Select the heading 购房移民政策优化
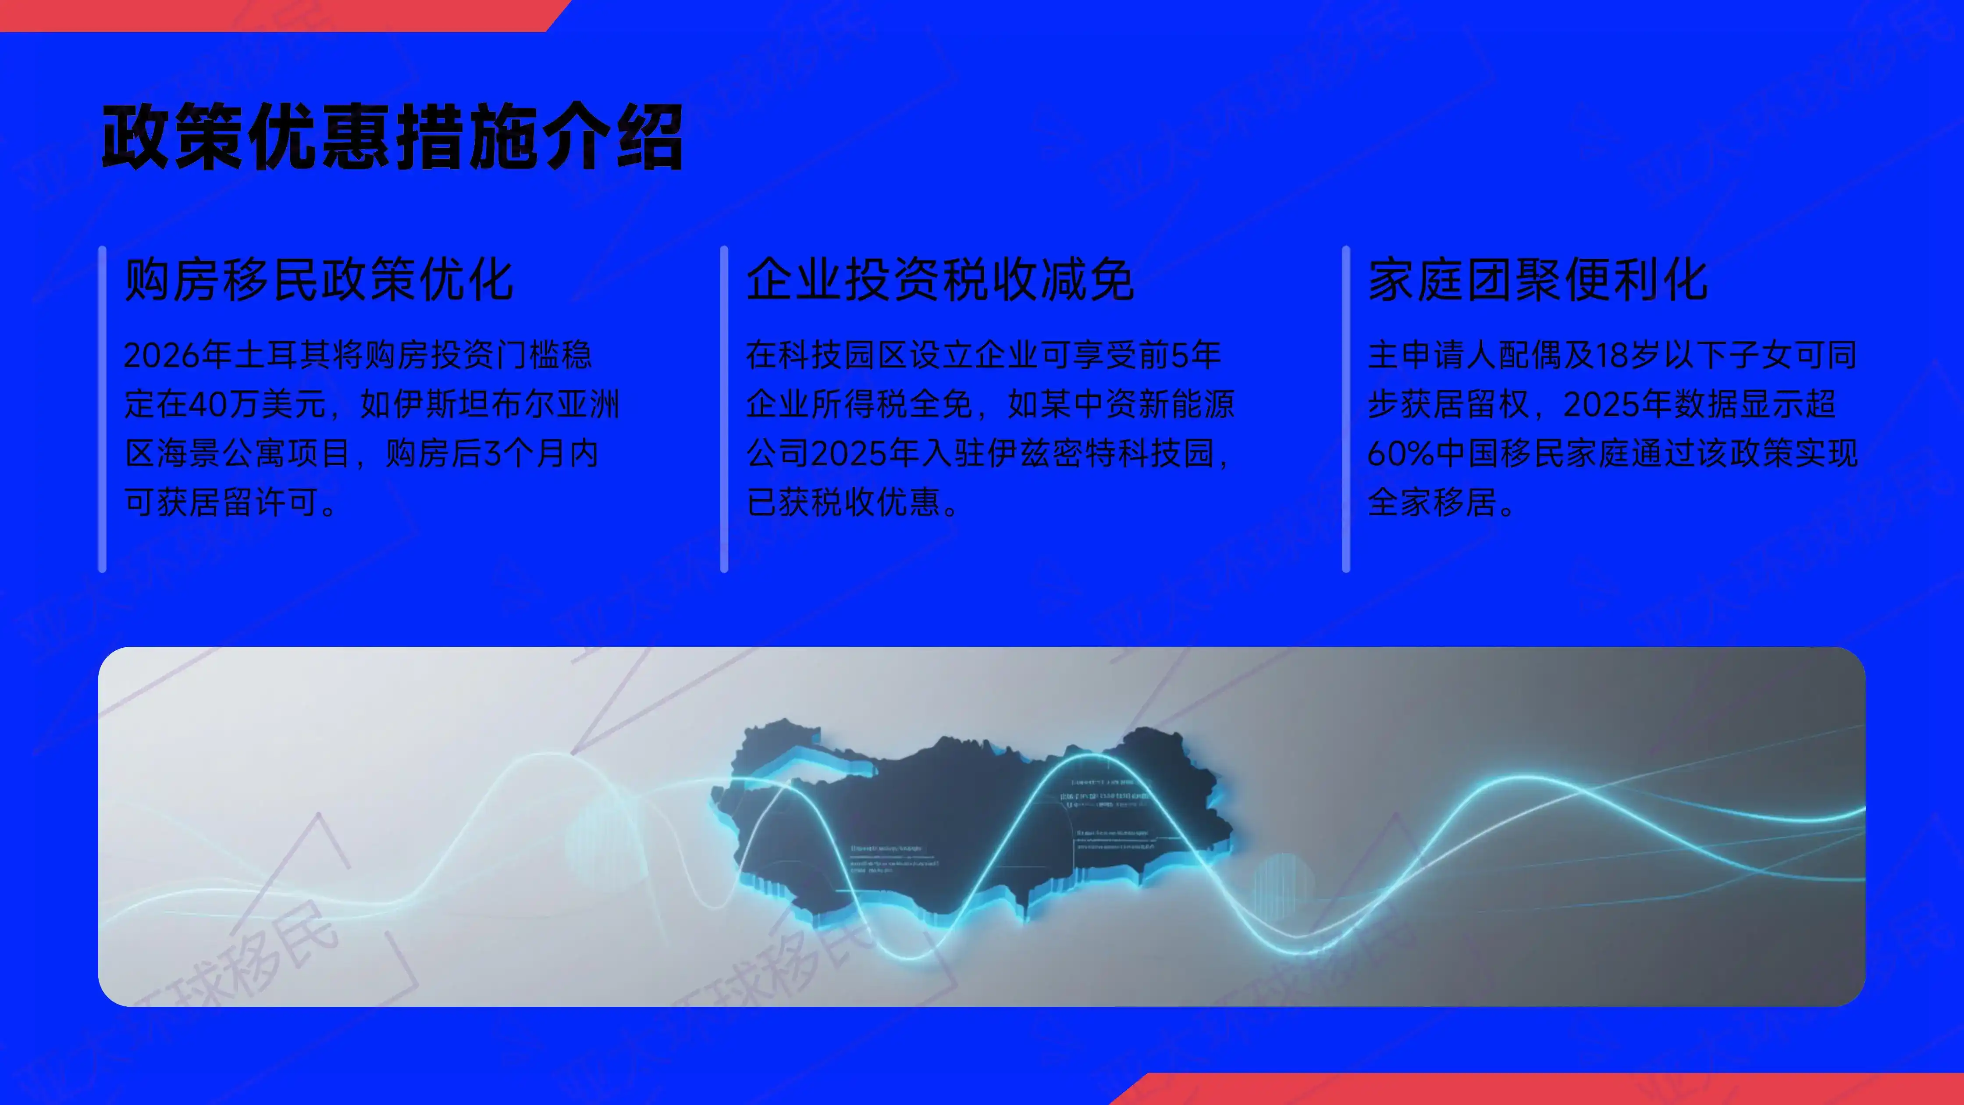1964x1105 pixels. (x=319, y=280)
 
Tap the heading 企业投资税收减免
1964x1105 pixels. (x=939, y=280)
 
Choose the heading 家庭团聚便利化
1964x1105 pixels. (x=1537, y=280)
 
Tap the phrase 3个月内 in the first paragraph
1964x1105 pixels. (x=541, y=454)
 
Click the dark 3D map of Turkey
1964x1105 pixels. (x=946, y=823)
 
